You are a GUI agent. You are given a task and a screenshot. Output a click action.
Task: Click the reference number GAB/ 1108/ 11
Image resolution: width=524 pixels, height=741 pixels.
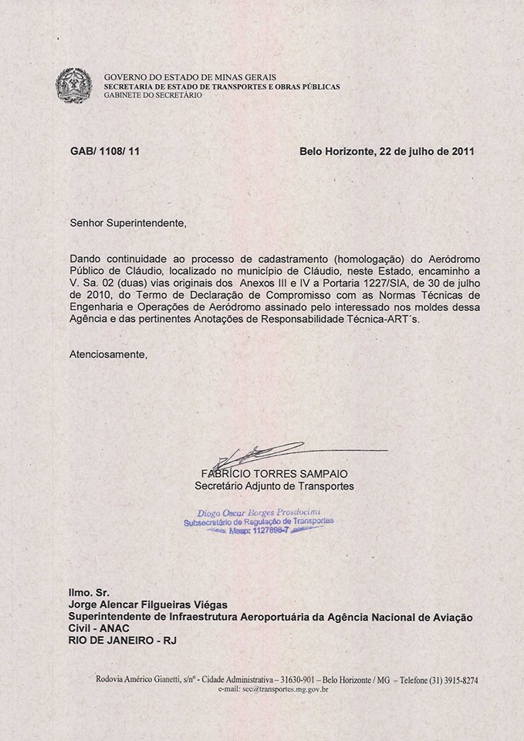tap(104, 151)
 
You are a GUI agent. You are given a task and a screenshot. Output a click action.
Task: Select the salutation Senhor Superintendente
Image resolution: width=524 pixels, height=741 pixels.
tap(128, 224)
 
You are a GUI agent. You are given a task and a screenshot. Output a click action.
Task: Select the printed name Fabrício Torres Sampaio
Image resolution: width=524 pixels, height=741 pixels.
tap(273, 473)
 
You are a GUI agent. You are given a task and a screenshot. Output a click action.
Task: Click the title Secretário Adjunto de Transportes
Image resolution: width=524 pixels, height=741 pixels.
tap(274, 486)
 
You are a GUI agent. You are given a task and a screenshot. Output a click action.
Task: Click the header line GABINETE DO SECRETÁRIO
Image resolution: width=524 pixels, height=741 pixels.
tap(153, 95)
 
